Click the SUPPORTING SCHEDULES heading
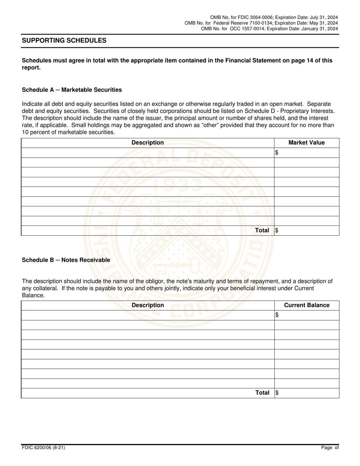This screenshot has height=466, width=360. coord(64,41)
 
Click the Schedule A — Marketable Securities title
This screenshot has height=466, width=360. coord(72,90)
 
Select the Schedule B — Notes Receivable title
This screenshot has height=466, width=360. coord(66,260)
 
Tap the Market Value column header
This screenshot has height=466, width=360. coord(307,143)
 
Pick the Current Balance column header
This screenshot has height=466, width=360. coord(307,305)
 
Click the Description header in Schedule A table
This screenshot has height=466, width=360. coord(147,143)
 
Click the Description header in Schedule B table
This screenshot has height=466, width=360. coord(147,305)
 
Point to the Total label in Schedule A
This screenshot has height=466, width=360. coord(262,230)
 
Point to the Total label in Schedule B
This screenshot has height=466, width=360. coord(262,393)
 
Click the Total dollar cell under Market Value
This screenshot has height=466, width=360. coord(307,230)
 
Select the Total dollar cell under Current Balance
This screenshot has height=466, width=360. coord(307,393)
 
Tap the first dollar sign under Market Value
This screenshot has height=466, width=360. coord(277,153)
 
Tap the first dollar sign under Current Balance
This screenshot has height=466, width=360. coord(277,315)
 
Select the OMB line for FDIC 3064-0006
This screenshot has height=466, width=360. coord(274,17)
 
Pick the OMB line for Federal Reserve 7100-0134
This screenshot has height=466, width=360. coord(261,23)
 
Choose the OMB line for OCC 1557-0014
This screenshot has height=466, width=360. coord(269,29)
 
